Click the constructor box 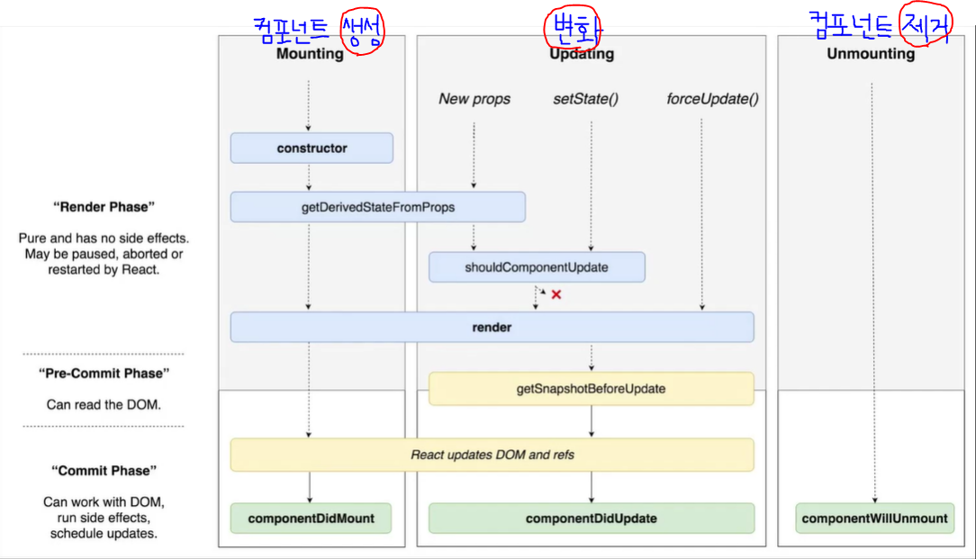tap(312, 148)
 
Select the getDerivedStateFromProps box tap(377, 207)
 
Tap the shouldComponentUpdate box tap(537, 267)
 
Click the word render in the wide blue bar tap(492, 328)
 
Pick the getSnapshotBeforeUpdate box tap(591, 389)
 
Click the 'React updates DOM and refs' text tap(492, 455)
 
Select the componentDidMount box tap(311, 518)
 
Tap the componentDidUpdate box tap(591, 518)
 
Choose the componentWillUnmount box tap(874, 518)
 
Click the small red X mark tap(556, 294)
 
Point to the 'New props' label tap(474, 99)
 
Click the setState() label tap(585, 99)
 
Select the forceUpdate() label tap(712, 99)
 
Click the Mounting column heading tap(310, 54)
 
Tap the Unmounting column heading tap(870, 54)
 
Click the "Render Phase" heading tap(104, 207)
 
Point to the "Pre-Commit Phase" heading tap(104, 373)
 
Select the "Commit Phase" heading tap(104, 471)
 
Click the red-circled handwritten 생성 tap(362, 32)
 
